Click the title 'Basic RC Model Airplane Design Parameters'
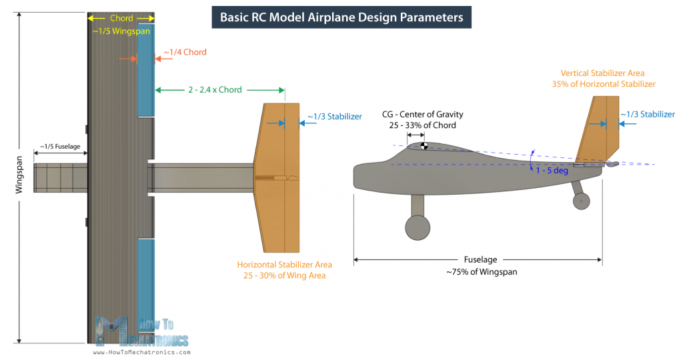tap(341, 17)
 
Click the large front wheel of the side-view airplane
tap(418, 227)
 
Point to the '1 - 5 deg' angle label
tap(551, 171)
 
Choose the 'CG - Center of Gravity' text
tap(423, 115)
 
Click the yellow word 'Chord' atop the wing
tap(121, 18)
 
